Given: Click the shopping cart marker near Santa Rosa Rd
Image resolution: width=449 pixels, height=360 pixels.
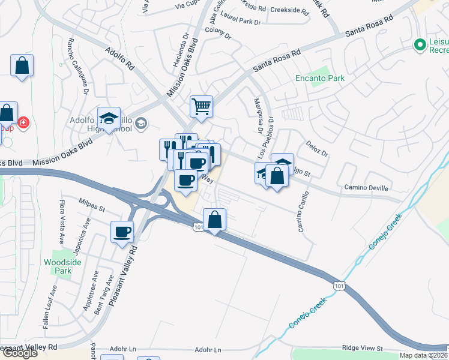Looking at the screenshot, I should pos(202,107).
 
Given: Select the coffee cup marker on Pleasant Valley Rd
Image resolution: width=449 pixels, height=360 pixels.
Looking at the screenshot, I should pos(123,232).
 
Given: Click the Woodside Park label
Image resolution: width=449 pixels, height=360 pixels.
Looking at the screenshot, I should pos(58,266).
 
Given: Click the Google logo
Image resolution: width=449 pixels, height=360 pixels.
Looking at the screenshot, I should pos(20,352).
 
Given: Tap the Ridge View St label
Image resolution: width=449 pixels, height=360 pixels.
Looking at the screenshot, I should pos(362,348).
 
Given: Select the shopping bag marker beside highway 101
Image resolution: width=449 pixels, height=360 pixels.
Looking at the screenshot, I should pos(214,220).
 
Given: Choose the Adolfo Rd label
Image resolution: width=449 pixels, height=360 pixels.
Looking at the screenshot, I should pos(118,60).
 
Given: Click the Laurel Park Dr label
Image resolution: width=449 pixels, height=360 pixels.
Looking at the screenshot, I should pos(241,22).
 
